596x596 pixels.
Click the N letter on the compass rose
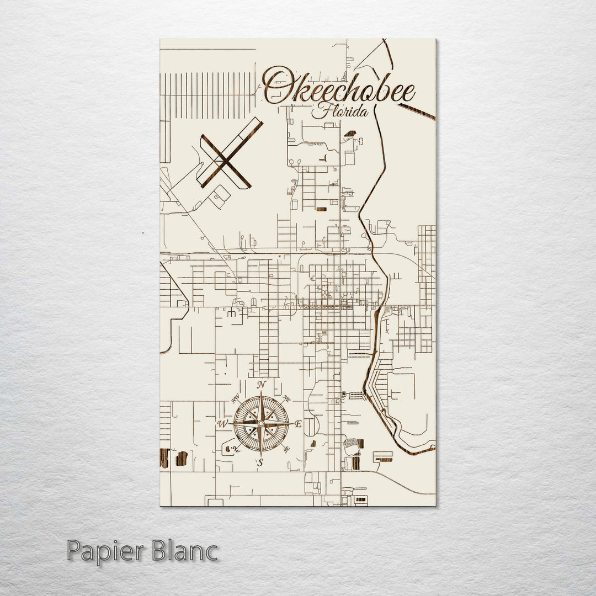[x=262, y=385]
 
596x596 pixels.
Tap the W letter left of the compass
[x=223, y=424]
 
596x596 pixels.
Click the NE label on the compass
[x=286, y=398]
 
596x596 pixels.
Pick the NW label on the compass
[x=236, y=398]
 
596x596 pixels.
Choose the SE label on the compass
[x=286, y=450]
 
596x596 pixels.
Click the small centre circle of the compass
[x=261, y=424]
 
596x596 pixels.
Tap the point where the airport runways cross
[x=225, y=161]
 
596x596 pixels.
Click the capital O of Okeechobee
[x=278, y=86]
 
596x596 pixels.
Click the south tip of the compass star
[x=261, y=456]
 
